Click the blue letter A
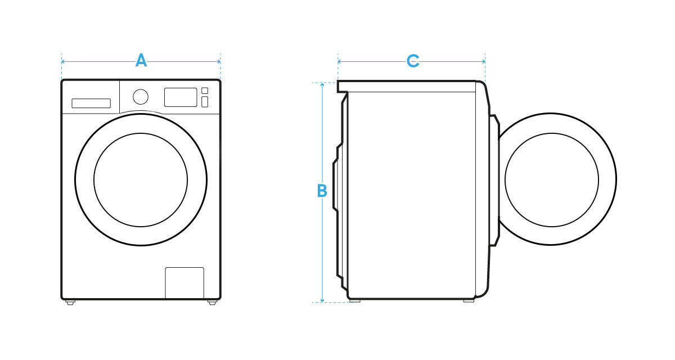[x=141, y=61]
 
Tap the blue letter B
[x=322, y=191]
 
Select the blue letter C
[x=413, y=61]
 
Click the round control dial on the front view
[x=141, y=97]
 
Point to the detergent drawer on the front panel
[x=91, y=103]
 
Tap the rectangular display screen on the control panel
[x=181, y=97]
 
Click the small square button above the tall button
[x=205, y=91]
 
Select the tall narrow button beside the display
[x=205, y=102]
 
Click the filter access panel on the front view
[x=184, y=283]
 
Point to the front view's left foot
[x=70, y=303]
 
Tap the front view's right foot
[x=212, y=303]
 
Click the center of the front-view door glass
[x=141, y=180]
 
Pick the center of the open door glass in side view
[x=552, y=180]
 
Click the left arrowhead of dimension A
[x=64, y=61]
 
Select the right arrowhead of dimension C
[x=483, y=61]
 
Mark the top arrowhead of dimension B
[x=322, y=85]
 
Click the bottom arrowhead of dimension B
[x=322, y=300]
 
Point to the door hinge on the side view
[x=495, y=180]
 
